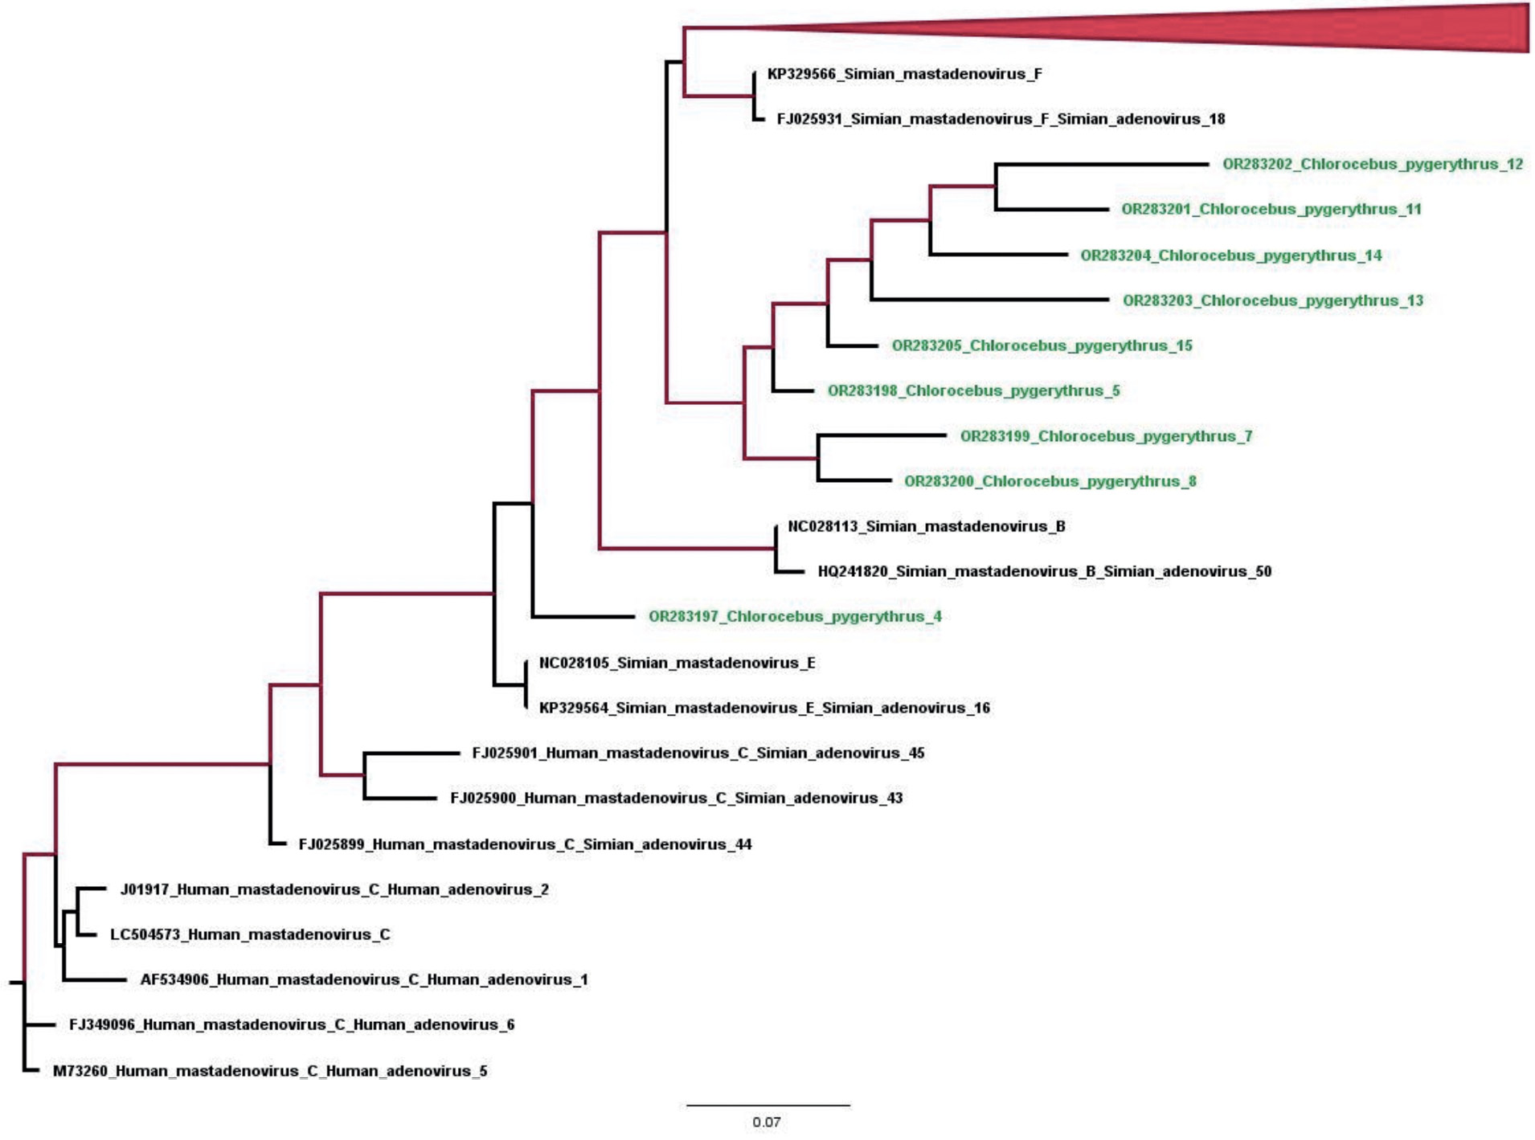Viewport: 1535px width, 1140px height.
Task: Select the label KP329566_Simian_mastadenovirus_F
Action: pos(904,74)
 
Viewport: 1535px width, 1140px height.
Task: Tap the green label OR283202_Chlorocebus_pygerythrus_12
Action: pos(1372,164)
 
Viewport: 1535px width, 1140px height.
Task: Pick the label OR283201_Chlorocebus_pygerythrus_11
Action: pos(1271,209)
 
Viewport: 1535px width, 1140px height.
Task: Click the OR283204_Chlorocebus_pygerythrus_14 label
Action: pos(1230,255)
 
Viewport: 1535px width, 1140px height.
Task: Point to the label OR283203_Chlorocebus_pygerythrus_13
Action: pos(1272,300)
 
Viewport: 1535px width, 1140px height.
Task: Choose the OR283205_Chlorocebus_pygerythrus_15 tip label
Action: pos(1042,345)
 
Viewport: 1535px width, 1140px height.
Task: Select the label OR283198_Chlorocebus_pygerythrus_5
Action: pos(973,390)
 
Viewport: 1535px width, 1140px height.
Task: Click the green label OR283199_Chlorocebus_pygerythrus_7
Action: pos(1106,436)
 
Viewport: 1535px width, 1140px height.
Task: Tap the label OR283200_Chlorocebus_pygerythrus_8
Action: pos(1050,481)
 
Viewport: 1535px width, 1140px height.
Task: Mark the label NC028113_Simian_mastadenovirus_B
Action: pos(926,526)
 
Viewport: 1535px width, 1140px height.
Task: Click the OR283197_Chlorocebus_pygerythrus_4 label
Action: pos(795,616)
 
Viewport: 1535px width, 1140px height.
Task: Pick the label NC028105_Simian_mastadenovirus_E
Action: pos(677,663)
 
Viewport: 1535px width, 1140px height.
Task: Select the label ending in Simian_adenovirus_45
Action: pos(698,753)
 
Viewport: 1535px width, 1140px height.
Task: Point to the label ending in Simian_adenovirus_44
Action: pos(525,844)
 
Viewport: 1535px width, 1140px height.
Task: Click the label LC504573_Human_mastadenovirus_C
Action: pos(250,934)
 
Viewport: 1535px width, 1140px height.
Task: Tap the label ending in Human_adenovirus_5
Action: pos(269,1071)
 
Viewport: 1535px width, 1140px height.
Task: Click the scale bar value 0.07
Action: pos(766,1122)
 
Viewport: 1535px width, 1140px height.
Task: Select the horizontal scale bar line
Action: pos(767,1105)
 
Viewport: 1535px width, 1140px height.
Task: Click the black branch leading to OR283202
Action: pos(1101,164)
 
